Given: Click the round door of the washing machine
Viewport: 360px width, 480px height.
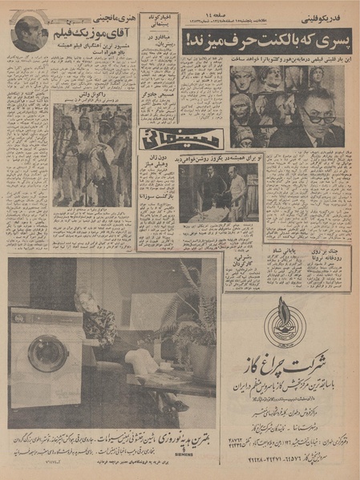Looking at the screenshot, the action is click(x=48, y=353).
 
